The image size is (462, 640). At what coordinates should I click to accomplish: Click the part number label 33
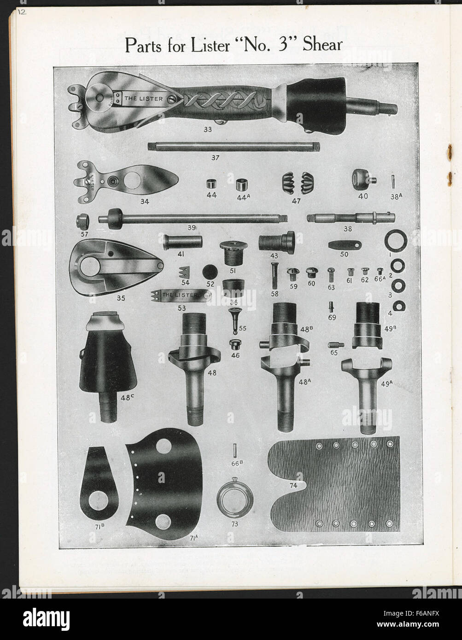(x=207, y=130)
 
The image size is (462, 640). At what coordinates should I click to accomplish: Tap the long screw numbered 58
(x=275, y=275)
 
